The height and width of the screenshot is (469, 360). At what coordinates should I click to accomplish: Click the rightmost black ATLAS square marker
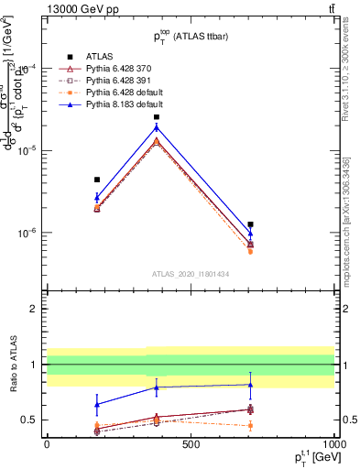250,224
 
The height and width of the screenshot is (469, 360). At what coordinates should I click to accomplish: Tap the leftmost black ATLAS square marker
97,180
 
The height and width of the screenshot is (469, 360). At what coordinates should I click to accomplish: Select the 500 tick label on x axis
191,444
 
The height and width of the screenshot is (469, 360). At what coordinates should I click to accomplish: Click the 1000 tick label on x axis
333,444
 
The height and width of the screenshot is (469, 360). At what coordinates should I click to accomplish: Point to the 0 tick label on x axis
47,444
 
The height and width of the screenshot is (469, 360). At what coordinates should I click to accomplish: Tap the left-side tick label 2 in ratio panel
37,309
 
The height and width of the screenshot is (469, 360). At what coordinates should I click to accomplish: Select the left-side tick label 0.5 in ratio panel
33,420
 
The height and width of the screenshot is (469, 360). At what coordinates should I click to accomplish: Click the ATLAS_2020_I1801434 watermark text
190,274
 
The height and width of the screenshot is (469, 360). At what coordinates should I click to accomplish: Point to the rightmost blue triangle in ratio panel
250,384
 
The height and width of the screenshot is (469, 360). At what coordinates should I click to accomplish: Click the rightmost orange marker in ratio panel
250,426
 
